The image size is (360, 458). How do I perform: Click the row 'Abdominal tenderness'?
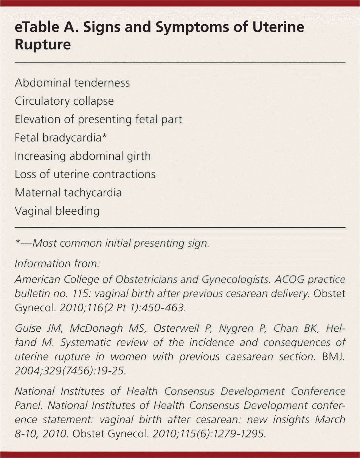click(72, 83)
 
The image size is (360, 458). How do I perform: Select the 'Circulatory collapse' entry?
click(64, 101)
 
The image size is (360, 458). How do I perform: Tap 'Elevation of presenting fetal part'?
click(98, 120)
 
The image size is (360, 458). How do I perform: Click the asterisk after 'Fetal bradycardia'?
click(105, 136)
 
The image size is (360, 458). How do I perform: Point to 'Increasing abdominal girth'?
click(82, 156)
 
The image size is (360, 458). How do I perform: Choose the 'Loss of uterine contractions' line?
click(85, 174)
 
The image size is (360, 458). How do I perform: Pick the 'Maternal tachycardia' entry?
click(68, 193)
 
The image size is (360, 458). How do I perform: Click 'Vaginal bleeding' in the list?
click(57, 211)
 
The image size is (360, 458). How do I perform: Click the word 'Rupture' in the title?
click(43, 45)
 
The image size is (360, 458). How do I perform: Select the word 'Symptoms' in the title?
click(187, 28)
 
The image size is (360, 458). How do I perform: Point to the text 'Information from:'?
click(57, 263)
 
